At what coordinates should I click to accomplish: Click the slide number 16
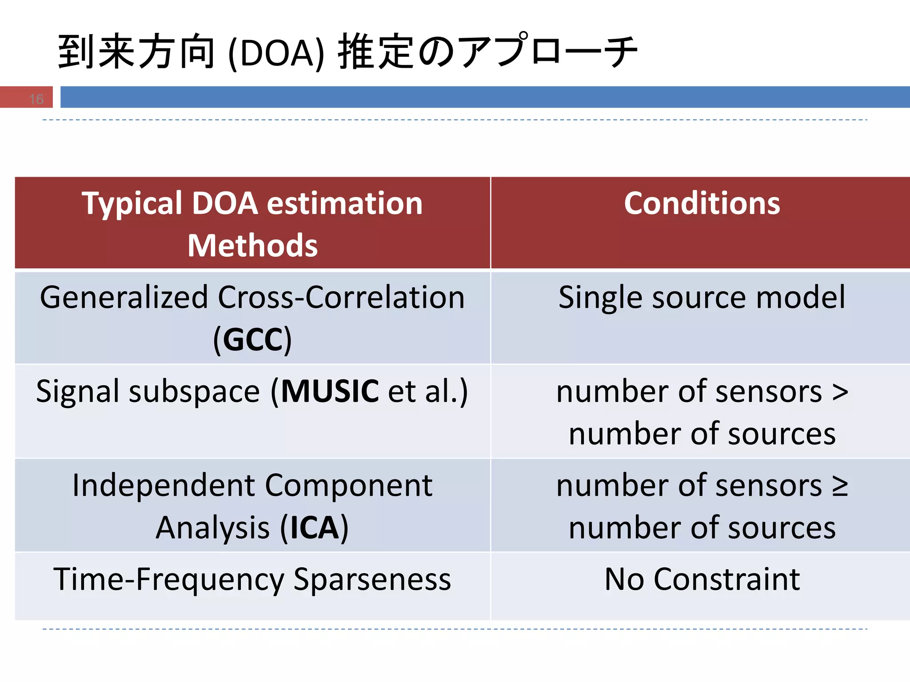36,99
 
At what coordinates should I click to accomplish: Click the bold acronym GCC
252,340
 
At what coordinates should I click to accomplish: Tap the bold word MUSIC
330,392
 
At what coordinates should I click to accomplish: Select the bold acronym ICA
315,528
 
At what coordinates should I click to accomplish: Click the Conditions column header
702,203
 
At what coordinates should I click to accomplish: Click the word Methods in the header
252,246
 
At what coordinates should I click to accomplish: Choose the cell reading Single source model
702,297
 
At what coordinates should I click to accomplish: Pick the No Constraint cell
702,579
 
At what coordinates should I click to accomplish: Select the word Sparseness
372,579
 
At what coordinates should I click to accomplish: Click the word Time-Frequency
169,579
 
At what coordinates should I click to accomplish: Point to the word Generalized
124,297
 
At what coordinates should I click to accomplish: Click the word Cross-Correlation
341,297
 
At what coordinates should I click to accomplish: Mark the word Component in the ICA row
349,485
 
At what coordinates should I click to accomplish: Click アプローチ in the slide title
547,52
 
